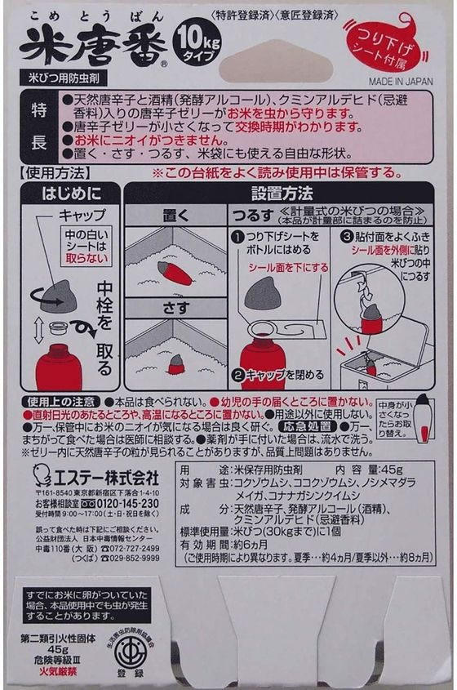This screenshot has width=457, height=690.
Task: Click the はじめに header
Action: [x=69, y=194]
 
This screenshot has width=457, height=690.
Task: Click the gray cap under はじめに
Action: [x=59, y=295]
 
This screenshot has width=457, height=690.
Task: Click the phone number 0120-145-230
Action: [x=121, y=504]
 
